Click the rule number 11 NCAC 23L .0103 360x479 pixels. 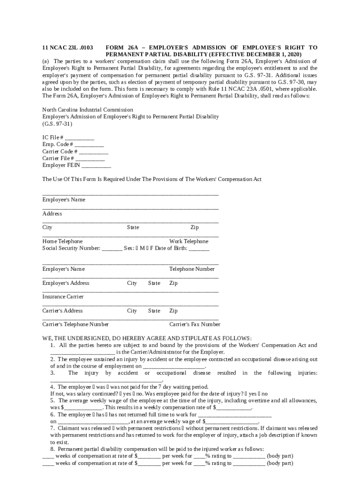point(67,48)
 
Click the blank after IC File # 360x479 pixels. point(79,138)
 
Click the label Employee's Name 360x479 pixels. point(64,200)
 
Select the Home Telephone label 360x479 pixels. point(62,241)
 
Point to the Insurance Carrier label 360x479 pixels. point(63,297)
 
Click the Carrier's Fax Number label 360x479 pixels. point(194,325)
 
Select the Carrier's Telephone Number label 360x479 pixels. point(75,325)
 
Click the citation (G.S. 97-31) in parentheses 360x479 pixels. point(57,124)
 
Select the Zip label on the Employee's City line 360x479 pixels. point(194,228)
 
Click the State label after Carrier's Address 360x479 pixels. point(154,311)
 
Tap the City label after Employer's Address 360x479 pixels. point(132,283)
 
